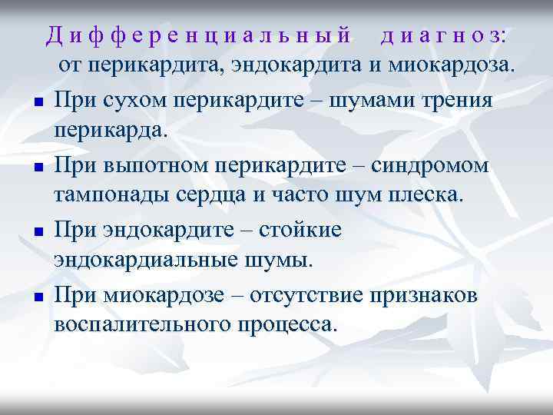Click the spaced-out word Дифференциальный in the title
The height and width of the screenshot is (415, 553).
coord(198,35)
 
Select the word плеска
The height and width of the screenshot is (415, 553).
coord(429,194)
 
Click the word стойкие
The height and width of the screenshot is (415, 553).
coord(298,231)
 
